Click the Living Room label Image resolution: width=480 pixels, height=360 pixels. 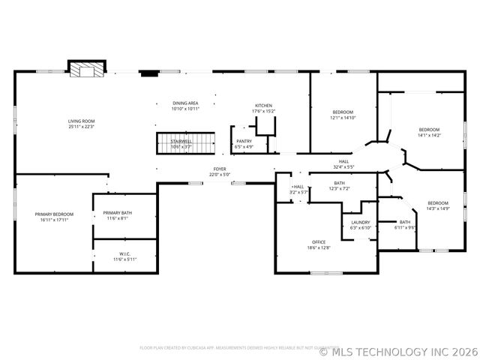pyautogui.click(x=82, y=121)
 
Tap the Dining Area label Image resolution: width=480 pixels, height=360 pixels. pyautogui.click(x=184, y=103)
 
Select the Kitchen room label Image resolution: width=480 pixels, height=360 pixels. pyautogui.click(x=263, y=106)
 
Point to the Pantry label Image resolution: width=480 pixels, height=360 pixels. pyautogui.click(x=244, y=141)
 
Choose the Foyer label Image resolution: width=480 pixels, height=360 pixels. pyautogui.click(x=219, y=169)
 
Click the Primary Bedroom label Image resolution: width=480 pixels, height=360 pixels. pyautogui.click(x=53, y=214)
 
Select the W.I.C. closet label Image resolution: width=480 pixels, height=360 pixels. pyautogui.click(x=124, y=253)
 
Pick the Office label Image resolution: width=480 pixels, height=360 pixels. pyautogui.click(x=319, y=241)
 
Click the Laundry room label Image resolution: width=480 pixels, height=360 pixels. pyautogui.click(x=360, y=222)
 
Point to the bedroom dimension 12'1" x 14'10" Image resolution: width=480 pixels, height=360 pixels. pyautogui.click(x=343, y=118)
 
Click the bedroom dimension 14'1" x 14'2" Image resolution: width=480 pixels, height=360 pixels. pyautogui.click(x=429, y=136)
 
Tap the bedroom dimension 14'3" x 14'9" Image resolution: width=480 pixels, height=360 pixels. pyautogui.click(x=438, y=208)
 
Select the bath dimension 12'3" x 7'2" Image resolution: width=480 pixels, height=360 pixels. pyautogui.click(x=339, y=188)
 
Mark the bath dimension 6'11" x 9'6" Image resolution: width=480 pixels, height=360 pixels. pyautogui.click(x=405, y=227)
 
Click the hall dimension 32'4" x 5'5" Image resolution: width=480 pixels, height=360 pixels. pyautogui.click(x=343, y=166)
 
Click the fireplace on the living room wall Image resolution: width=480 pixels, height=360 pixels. pyautogui.click(x=87, y=69)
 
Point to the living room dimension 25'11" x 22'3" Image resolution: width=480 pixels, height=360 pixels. pyautogui.click(x=82, y=127)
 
